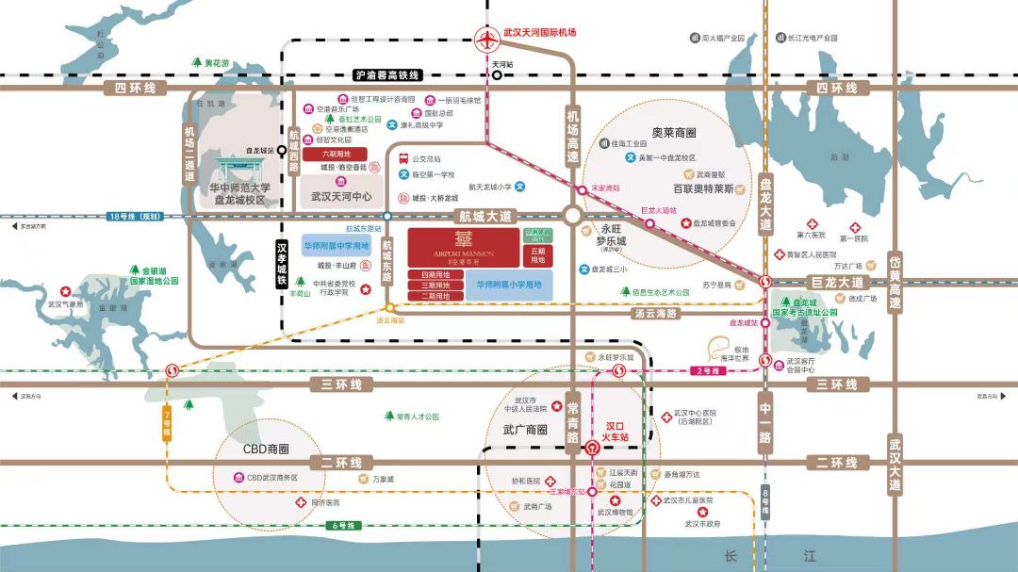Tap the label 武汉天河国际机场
click(541, 32)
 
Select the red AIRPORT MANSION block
click(462, 247)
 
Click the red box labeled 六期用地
click(336, 154)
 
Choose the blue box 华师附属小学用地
click(509, 284)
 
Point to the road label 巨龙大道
click(837, 282)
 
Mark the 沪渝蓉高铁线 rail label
click(387, 74)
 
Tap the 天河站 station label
click(501, 64)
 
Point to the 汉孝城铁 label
click(281, 263)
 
